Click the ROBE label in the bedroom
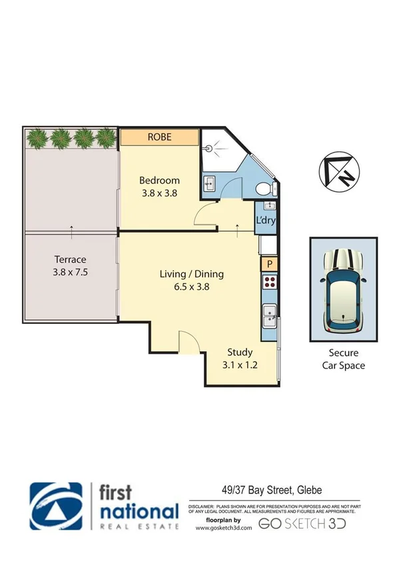160,137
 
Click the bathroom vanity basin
210,183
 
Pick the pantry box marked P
268,265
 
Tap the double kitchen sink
268,316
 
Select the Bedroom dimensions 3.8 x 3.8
159,194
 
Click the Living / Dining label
191,274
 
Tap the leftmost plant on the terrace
37,138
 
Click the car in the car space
343,292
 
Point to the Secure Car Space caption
343,360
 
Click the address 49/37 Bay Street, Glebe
272,490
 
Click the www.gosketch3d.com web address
224,528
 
